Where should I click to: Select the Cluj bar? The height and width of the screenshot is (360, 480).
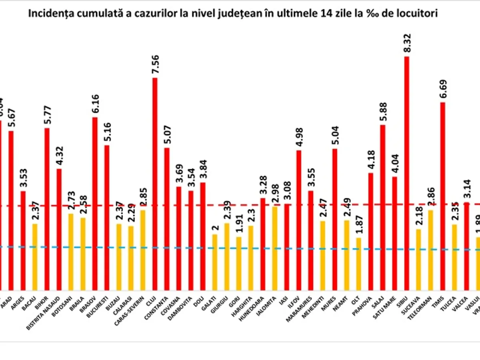point(155,184)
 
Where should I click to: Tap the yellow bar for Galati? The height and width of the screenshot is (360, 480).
point(215,262)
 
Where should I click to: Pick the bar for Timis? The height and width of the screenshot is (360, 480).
point(443,196)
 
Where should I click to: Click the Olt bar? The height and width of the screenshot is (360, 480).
point(359,264)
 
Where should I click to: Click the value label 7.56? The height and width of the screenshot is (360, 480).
point(154,63)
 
